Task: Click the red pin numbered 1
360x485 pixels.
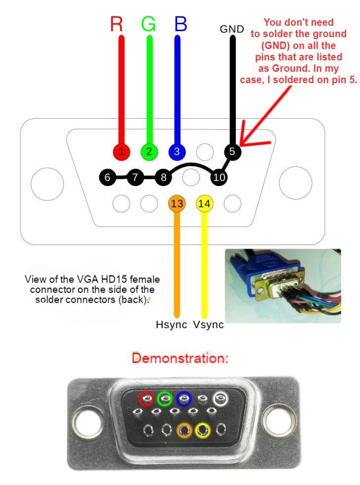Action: [x=122, y=151]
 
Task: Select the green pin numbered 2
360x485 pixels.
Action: [x=149, y=151]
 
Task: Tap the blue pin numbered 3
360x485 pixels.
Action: [x=177, y=151]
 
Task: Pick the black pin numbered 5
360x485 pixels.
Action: [x=232, y=151]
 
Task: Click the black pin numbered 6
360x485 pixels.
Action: [x=107, y=177]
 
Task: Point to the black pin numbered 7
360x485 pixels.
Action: [x=135, y=177]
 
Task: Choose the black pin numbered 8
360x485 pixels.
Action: [x=163, y=177]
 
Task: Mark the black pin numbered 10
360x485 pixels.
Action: [x=219, y=177]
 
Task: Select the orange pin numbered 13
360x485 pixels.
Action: [x=177, y=203]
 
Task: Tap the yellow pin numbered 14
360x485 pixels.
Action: [x=205, y=203]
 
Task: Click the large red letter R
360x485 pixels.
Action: [x=117, y=24]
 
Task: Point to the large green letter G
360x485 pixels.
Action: [x=148, y=24]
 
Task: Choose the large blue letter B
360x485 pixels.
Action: [x=181, y=24]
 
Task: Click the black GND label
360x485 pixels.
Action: [x=232, y=29]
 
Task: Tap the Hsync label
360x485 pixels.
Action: [x=172, y=325]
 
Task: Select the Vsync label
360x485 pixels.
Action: [x=208, y=325]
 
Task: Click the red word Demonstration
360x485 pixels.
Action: [x=180, y=358]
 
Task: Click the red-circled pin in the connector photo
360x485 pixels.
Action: [x=146, y=398]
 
